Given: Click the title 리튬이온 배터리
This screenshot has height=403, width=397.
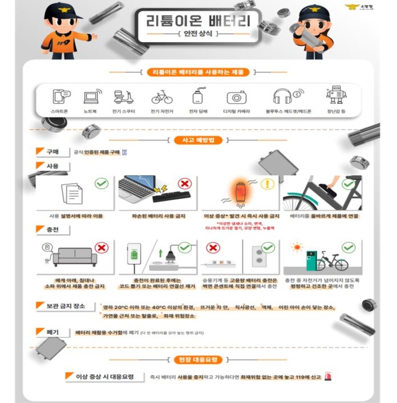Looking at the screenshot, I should pyautogui.click(x=197, y=22).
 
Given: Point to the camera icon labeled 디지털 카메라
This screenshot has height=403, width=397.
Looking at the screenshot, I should pyautogui.click(x=236, y=97).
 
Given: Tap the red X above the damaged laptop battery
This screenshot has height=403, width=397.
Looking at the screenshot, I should pyautogui.click(x=184, y=184).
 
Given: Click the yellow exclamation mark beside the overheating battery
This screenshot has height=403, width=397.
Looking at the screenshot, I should pyautogui.click(x=268, y=184).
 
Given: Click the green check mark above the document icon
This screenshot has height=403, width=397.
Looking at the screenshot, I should pyautogui.click(x=102, y=184).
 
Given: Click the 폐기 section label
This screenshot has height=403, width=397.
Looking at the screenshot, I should pyautogui.click(x=53, y=332).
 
